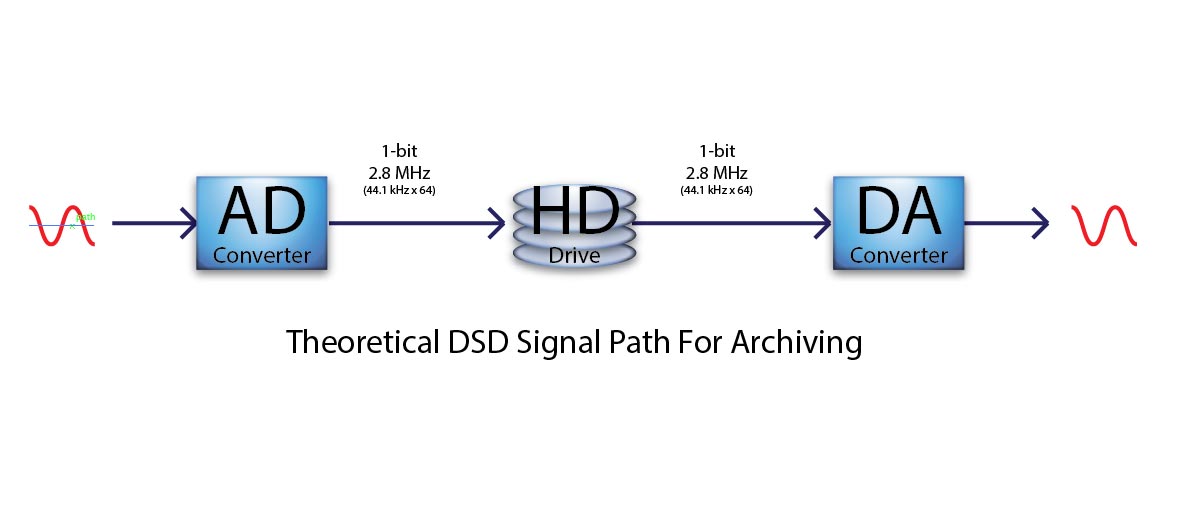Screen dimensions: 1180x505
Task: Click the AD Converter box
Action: coord(261,223)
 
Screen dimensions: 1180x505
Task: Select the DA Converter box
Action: coord(899,223)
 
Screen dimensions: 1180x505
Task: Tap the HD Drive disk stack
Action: coord(573,227)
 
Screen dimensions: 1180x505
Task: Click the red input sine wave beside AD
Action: coord(62,225)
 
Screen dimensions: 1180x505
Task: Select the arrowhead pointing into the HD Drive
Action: coord(497,224)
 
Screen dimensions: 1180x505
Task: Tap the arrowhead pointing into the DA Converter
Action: coord(823,224)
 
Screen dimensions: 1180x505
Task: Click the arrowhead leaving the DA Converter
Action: coord(1040,224)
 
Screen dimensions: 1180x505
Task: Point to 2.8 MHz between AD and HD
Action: coord(399,173)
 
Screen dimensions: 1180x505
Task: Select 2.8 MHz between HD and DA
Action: coord(716,173)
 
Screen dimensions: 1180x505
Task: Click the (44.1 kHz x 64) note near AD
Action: coord(399,190)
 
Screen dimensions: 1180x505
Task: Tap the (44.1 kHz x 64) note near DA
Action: coord(716,190)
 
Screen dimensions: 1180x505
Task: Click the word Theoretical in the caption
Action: coord(362,342)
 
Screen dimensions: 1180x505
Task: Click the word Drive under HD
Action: coord(574,256)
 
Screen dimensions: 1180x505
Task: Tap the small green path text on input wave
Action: coord(86,218)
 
